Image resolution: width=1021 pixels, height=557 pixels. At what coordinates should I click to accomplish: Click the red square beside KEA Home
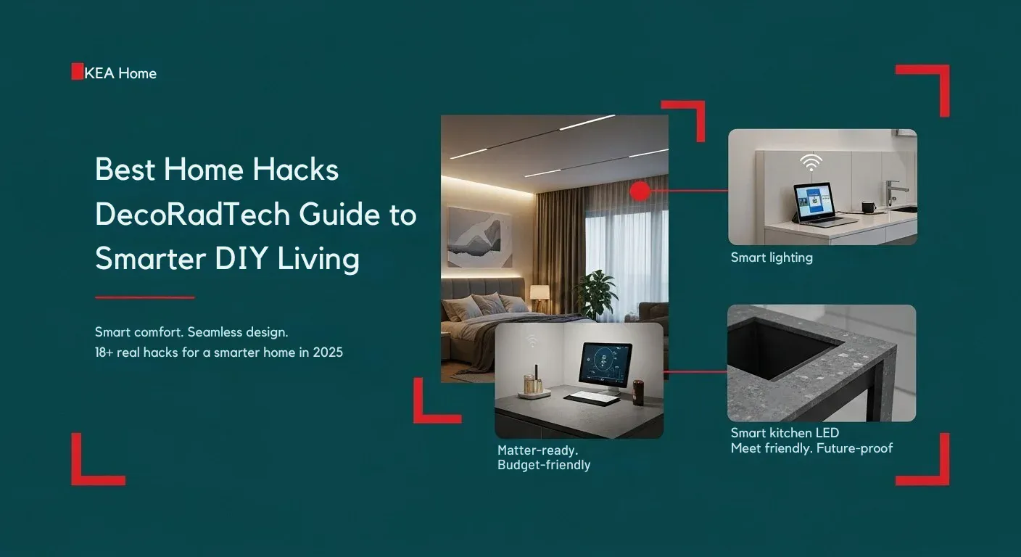coord(77,72)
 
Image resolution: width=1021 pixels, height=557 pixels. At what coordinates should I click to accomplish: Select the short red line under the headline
coord(145,297)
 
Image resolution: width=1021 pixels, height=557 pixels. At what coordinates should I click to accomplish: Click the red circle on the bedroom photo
coord(640,191)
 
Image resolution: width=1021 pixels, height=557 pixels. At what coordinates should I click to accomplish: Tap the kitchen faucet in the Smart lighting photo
coord(893,194)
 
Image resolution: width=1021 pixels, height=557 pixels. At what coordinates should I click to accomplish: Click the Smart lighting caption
coord(772,257)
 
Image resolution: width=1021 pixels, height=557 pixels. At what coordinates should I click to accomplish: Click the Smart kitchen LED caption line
coord(785,433)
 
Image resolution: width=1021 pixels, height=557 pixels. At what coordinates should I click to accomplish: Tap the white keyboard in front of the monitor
coord(592,397)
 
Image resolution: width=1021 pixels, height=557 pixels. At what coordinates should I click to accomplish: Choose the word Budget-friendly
coord(544,465)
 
